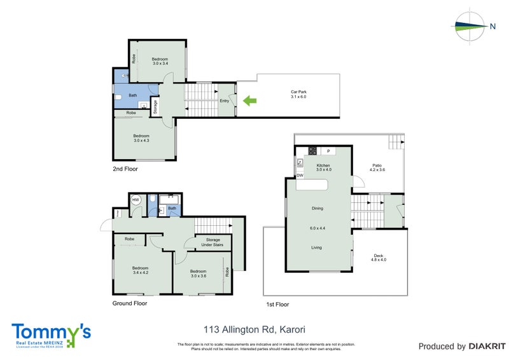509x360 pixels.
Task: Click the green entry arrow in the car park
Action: click(250, 100)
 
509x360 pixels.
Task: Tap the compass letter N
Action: click(492, 26)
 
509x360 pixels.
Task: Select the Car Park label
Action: click(298, 94)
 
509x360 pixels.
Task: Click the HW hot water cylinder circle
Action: click(136, 200)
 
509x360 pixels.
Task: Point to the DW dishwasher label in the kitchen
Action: click(299, 175)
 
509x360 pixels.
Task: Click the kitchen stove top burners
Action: click(312, 151)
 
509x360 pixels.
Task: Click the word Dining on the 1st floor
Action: click(317, 208)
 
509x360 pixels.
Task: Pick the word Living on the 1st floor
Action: click(317, 247)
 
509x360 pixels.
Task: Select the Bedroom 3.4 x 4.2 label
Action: click(139, 270)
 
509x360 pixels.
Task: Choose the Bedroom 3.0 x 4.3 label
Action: click(141, 138)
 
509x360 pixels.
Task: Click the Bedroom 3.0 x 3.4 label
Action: click(160, 60)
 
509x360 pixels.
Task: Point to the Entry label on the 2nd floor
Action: click(224, 100)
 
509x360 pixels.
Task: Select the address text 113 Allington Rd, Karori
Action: click(254, 329)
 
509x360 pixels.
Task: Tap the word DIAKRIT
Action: click(485, 347)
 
